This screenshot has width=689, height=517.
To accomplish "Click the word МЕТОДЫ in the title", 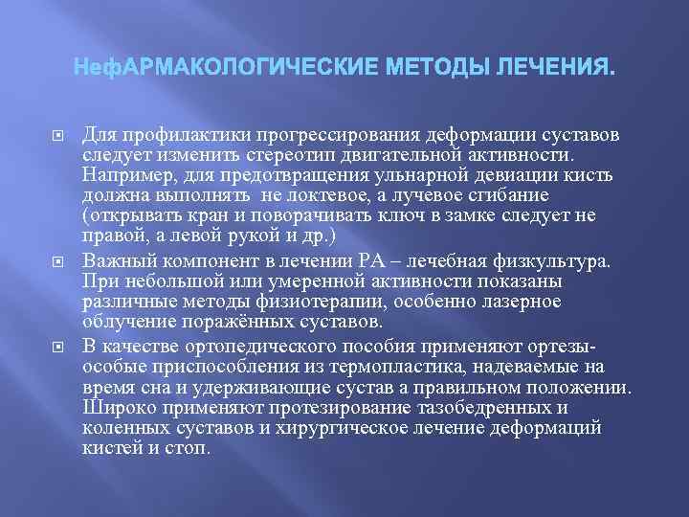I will (433, 70).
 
